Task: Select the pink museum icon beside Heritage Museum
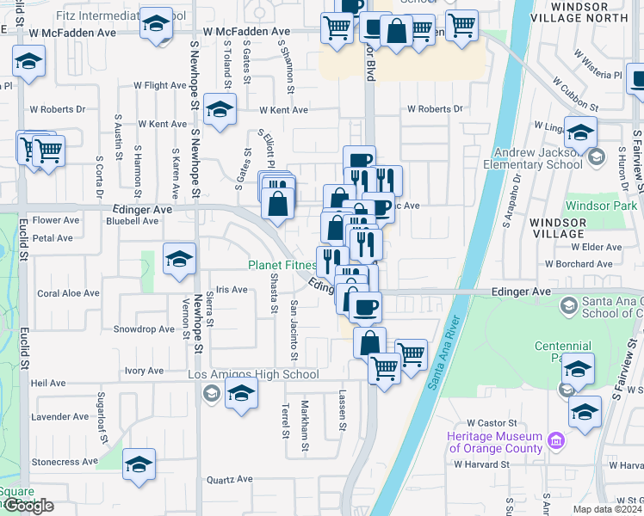(556, 442)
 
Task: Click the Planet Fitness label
(282, 265)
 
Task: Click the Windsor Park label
(601, 206)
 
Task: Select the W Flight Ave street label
(161, 86)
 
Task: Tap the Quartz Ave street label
(229, 479)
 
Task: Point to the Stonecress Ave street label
(65, 462)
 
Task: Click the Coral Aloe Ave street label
(69, 293)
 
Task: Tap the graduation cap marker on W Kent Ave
(220, 109)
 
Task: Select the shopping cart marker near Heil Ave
(384, 368)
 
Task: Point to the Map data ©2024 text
(608, 509)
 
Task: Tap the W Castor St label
(490, 423)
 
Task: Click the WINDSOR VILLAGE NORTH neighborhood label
(591, 12)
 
